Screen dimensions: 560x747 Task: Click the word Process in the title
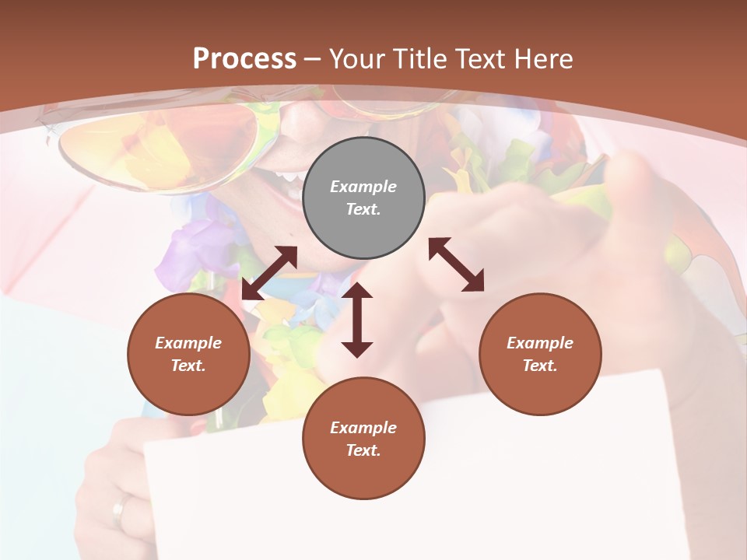pos(244,59)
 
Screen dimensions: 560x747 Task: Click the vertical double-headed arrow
pos(357,320)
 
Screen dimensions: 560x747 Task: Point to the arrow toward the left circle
pos(269,273)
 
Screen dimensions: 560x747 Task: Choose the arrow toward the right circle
pos(457,264)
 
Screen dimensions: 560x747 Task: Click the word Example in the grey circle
pos(363,187)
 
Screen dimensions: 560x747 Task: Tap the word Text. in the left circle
pos(188,366)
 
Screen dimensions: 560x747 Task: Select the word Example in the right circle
pos(540,343)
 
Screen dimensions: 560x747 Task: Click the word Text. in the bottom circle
pos(363,450)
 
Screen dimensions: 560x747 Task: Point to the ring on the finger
pos(119,511)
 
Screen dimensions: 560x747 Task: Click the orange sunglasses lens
pos(156,148)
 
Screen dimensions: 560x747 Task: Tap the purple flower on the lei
pos(187,253)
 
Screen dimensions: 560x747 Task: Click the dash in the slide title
pos(313,60)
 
